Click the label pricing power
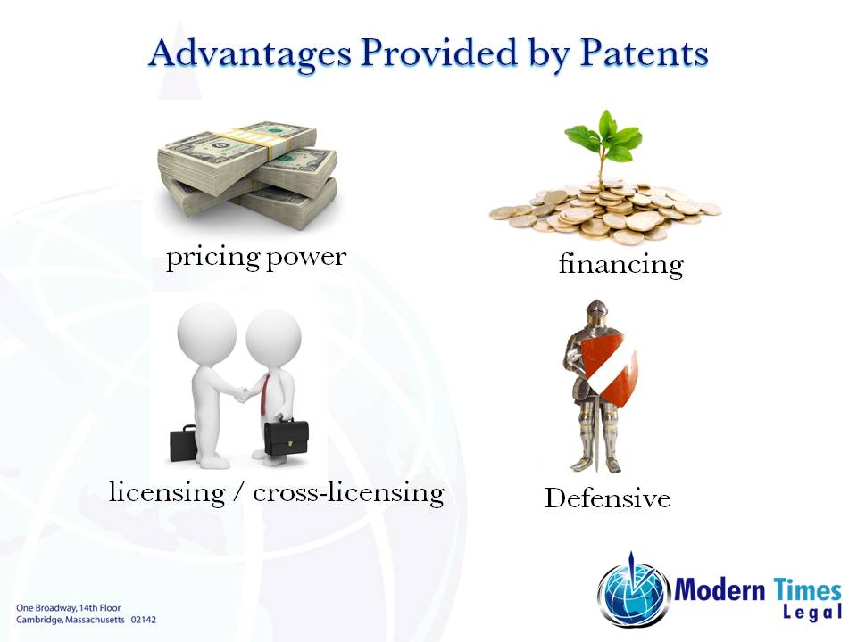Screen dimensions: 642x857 point(256,258)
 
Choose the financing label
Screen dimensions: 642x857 point(620,264)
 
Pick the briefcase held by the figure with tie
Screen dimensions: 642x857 point(287,437)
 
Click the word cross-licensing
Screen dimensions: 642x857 point(348,492)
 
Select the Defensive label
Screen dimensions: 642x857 point(607,498)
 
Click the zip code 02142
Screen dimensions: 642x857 point(143,618)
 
